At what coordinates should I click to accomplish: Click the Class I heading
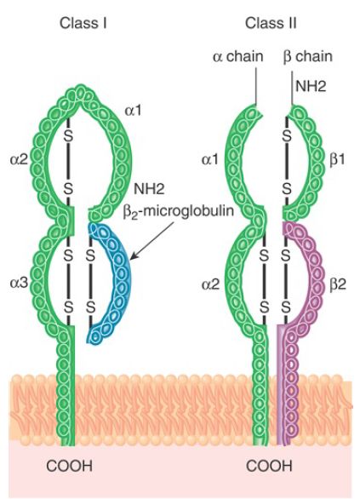(83, 24)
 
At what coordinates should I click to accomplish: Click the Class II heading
(271, 24)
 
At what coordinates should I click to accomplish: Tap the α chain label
(238, 57)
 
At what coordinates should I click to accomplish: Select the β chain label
(307, 57)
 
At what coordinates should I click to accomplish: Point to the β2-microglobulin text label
(179, 211)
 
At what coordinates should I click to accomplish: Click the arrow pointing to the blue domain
(152, 241)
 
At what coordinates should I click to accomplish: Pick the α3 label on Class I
(19, 283)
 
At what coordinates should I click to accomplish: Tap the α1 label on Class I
(134, 111)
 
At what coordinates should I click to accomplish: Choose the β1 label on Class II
(337, 160)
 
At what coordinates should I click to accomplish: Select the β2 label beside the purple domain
(338, 284)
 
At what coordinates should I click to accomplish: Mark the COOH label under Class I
(69, 467)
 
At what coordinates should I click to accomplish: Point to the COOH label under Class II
(269, 467)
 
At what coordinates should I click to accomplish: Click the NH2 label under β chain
(311, 86)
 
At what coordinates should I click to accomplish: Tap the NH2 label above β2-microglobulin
(149, 189)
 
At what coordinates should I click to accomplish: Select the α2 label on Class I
(19, 160)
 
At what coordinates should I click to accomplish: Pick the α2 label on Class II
(210, 284)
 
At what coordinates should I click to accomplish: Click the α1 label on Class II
(210, 159)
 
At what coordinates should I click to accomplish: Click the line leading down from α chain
(256, 85)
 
